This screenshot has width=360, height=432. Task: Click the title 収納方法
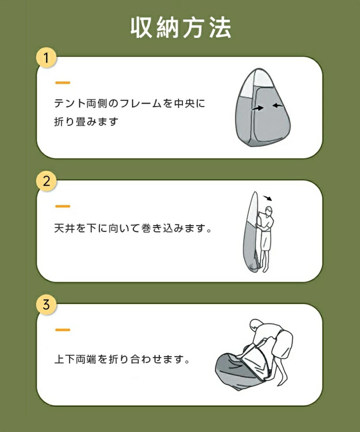click(x=181, y=27)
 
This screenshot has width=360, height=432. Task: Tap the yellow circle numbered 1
click(x=46, y=58)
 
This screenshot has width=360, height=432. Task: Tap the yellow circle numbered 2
click(x=46, y=181)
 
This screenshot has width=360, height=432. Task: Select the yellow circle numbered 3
click(x=46, y=305)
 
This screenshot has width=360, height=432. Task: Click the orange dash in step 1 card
click(x=63, y=83)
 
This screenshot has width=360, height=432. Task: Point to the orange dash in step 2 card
click(x=63, y=206)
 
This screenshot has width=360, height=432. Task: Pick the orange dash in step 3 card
click(x=63, y=330)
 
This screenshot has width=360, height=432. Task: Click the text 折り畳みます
click(x=86, y=121)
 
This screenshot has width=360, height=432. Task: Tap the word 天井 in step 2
click(x=64, y=229)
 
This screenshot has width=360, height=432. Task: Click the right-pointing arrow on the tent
click(x=258, y=108)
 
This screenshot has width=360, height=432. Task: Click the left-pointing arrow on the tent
click(x=278, y=105)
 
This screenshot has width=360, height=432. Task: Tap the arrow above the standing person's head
click(x=268, y=198)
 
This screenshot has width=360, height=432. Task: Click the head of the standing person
click(x=268, y=211)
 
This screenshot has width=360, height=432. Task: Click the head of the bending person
click(x=256, y=324)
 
